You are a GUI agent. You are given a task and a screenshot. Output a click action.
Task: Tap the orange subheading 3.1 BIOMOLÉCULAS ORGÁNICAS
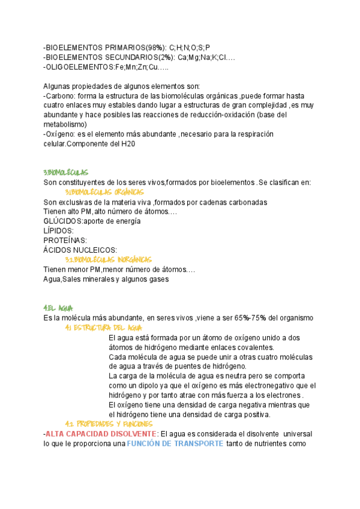tap(104, 192)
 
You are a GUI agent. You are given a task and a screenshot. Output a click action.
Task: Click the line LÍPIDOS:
tap(59, 231)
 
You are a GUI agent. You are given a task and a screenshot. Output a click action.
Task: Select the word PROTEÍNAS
tap(65, 241)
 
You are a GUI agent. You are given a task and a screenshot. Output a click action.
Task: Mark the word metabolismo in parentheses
tap(65, 125)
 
